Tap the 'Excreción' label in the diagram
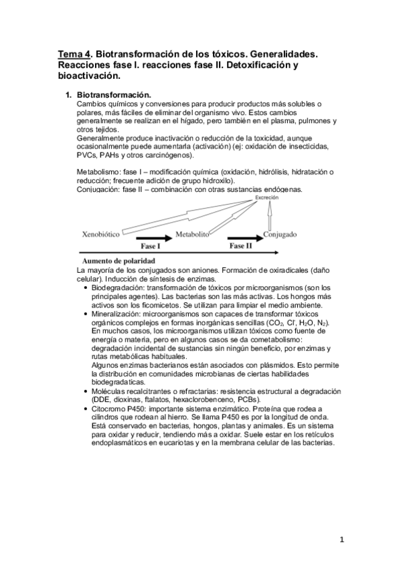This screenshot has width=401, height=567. [266, 198]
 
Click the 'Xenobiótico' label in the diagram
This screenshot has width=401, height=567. [100, 235]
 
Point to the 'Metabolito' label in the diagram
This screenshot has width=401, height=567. [193, 235]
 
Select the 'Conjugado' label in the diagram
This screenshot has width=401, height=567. [280, 235]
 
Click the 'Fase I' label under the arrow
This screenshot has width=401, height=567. [150, 247]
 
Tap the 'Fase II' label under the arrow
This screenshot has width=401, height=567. [241, 246]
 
